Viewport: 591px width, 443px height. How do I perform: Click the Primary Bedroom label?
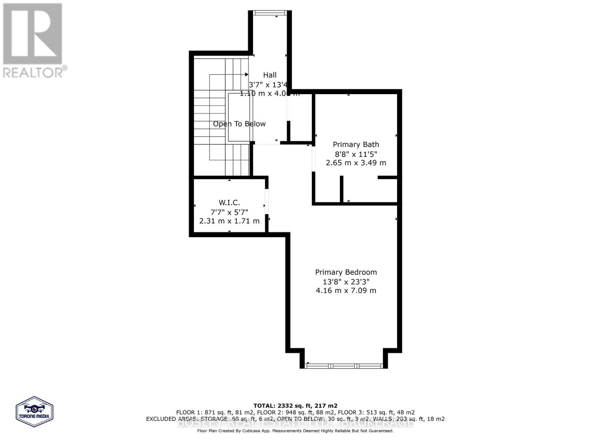346,272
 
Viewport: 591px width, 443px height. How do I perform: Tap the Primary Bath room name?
356,144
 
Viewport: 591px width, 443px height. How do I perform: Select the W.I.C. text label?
229,202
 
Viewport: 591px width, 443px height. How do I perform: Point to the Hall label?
270,75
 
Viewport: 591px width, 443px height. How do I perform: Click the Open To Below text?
239,124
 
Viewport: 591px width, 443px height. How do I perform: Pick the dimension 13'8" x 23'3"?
346,282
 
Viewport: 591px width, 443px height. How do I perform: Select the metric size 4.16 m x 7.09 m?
346,291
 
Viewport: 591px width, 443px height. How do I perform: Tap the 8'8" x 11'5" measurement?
356,154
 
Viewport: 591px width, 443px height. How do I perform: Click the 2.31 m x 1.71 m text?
229,221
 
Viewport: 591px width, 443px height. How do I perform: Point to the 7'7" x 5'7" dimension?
229,212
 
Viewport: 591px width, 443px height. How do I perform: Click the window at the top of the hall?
270,13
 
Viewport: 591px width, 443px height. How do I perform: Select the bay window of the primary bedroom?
344,366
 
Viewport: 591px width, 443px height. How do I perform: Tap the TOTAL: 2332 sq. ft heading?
295,405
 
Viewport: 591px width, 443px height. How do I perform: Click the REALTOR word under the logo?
33,72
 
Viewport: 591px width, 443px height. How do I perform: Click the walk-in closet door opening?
267,201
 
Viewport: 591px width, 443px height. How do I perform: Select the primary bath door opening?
313,159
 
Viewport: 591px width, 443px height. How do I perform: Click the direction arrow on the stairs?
246,75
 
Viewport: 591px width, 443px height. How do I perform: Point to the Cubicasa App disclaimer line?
295,431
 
